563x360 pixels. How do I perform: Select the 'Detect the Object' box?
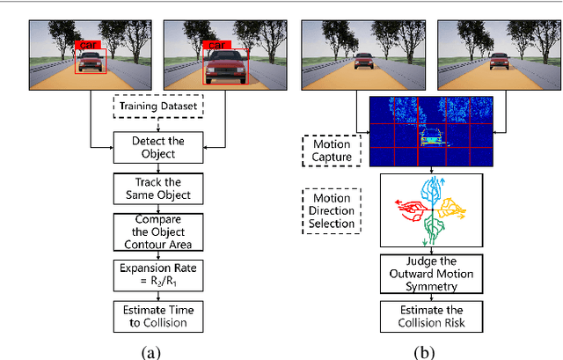158,147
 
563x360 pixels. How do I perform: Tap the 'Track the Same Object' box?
158,187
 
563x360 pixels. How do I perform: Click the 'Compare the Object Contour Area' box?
158,231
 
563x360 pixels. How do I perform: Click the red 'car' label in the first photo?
90,44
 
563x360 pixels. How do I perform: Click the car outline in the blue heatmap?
431,138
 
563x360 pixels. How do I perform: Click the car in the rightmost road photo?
499,62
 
